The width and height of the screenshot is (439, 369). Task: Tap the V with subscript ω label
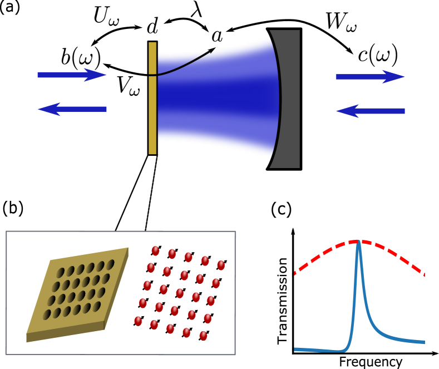128,85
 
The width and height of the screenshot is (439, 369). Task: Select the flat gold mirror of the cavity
152,98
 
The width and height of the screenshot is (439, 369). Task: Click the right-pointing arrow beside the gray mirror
370,77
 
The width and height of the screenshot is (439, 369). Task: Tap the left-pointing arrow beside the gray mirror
370,111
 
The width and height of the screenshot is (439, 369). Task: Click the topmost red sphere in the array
156,251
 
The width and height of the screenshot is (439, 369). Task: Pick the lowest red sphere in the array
203,336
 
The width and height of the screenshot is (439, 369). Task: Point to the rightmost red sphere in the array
221,265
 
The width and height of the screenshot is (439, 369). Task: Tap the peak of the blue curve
359,243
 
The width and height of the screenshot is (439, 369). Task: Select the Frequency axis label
370,362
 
